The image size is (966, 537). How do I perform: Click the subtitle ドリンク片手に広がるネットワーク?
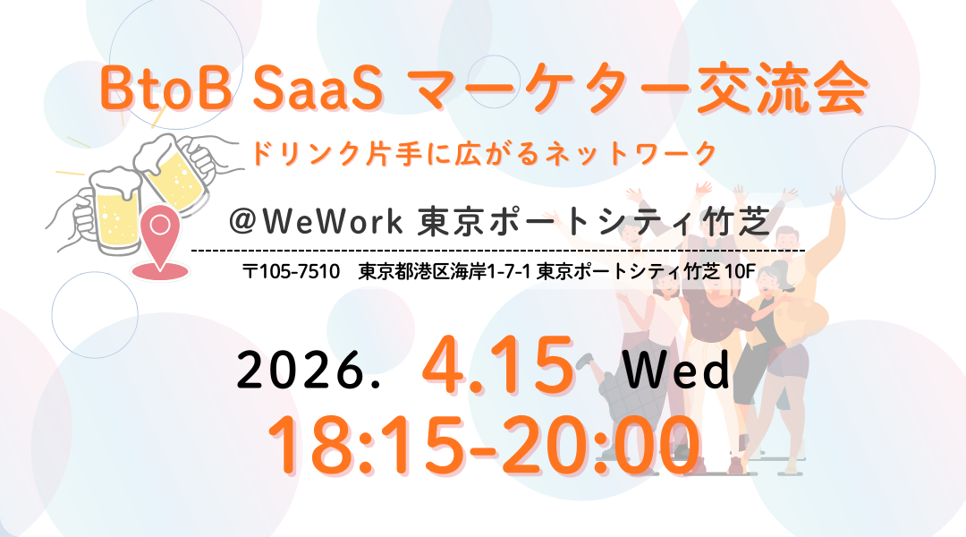click(484, 153)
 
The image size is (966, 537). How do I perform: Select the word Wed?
click(677, 370)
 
